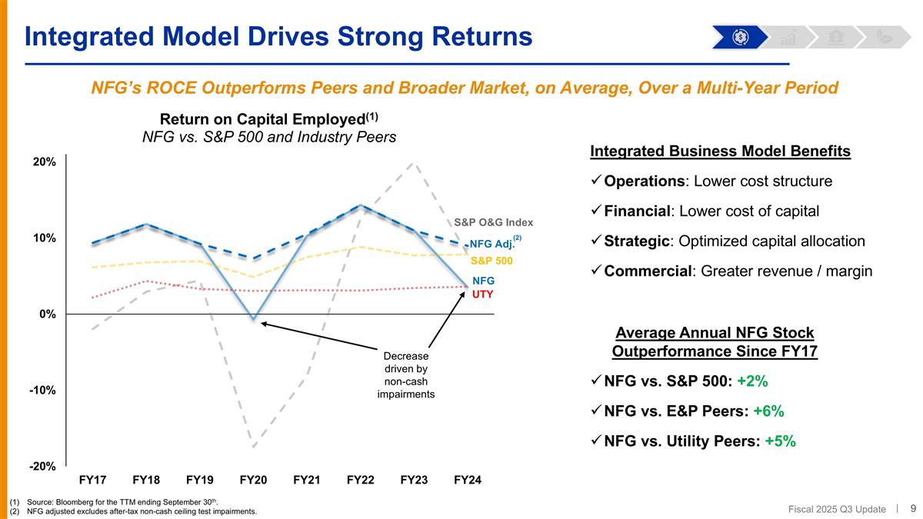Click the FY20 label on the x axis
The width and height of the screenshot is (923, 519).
[x=253, y=481]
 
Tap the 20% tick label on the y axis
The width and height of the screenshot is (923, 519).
[x=44, y=162]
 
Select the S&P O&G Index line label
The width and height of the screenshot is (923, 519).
[x=493, y=223]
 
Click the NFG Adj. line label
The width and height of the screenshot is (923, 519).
[x=491, y=245]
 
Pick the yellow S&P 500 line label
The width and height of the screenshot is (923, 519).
[x=491, y=261]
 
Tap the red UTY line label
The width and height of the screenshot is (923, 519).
[x=482, y=294]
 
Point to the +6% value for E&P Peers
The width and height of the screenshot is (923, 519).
[x=768, y=411]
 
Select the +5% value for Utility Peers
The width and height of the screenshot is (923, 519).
[x=780, y=441]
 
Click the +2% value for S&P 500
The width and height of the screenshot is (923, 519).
[x=752, y=381]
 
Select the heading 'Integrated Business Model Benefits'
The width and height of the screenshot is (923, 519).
[x=720, y=151]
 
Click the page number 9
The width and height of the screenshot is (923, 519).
[x=913, y=508]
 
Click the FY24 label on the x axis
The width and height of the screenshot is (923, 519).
[x=468, y=481]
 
